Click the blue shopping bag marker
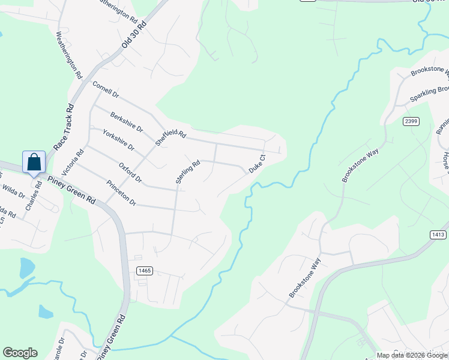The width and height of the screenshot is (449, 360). (x=34, y=162)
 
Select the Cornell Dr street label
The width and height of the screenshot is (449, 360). (x=106, y=90)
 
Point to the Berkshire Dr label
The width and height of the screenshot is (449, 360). (x=127, y=121)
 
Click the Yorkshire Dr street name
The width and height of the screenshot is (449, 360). (x=118, y=139)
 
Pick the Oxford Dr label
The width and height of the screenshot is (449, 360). (x=130, y=172)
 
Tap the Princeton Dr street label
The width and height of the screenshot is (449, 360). (x=121, y=193)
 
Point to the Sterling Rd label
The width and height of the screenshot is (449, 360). (x=187, y=172)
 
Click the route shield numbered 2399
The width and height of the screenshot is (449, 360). (x=411, y=121)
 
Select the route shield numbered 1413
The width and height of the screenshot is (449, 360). (x=438, y=235)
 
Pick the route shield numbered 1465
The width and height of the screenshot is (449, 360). (x=144, y=271)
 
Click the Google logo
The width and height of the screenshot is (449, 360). (x=20, y=353)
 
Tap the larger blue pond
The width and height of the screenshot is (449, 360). (x=27, y=268)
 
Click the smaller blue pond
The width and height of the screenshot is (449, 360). (x=46, y=311)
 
